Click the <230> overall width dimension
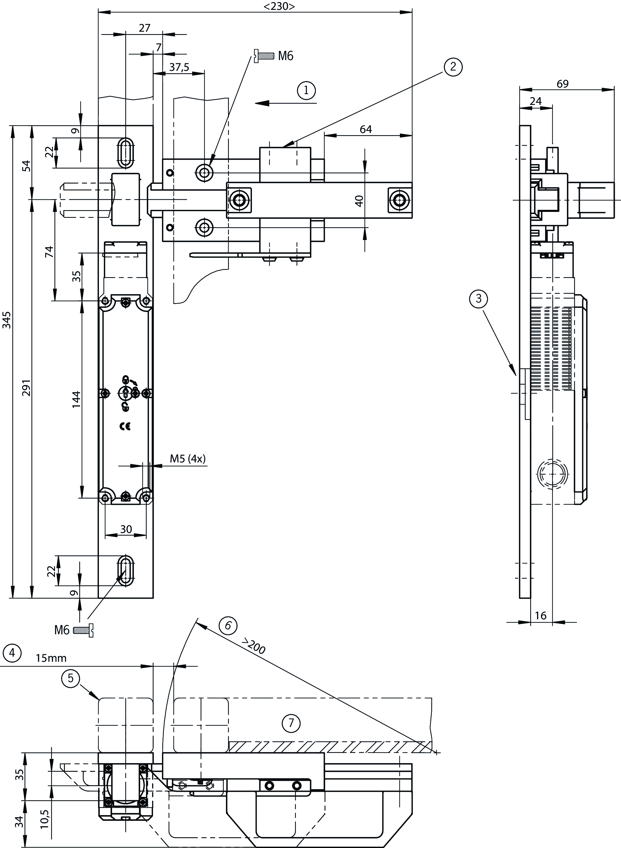tap(279, 6)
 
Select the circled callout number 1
tap(306, 90)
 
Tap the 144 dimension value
tap(76, 399)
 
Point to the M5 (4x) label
tap(188, 459)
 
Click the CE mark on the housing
tap(125, 426)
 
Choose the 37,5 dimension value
tap(179, 67)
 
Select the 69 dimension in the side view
tap(562, 84)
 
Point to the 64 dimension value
tap(365, 129)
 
